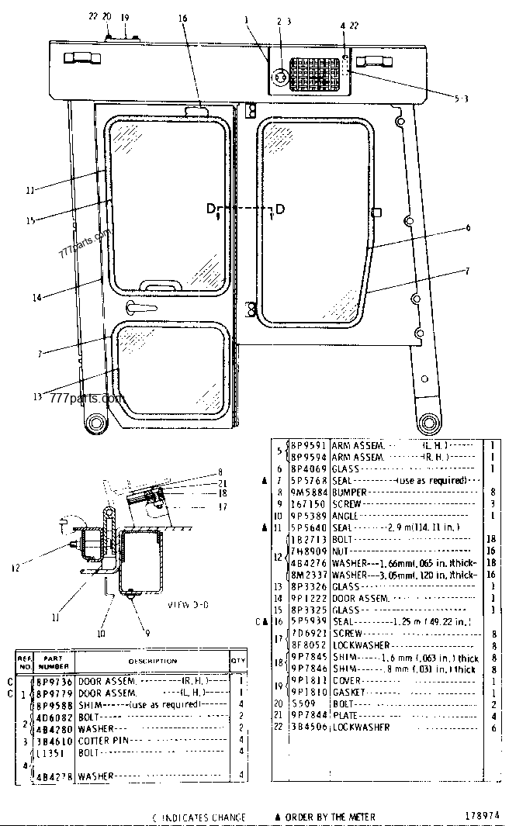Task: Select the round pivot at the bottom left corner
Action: coord(96,422)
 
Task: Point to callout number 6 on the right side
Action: coord(469,228)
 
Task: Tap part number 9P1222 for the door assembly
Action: coord(307,598)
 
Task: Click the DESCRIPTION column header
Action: coord(152,661)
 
